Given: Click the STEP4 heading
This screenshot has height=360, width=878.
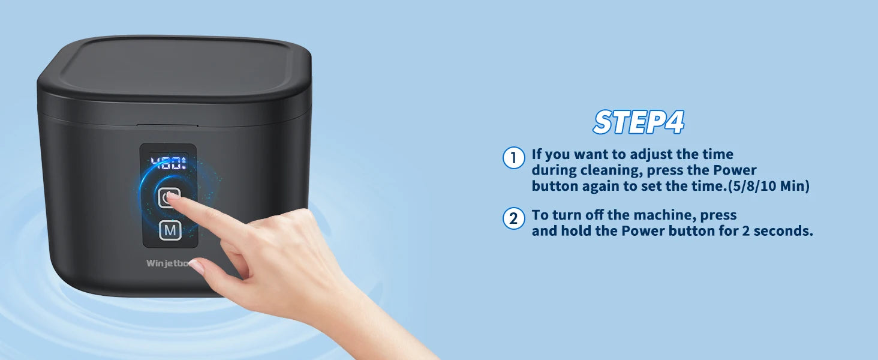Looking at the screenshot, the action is (x=639, y=122).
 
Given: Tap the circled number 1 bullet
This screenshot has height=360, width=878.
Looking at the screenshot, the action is (x=513, y=158).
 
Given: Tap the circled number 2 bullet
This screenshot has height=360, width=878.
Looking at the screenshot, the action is (x=513, y=218).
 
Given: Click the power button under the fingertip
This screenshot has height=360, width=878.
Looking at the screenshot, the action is (x=169, y=197).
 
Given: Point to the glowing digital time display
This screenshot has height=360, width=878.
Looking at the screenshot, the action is (x=169, y=163).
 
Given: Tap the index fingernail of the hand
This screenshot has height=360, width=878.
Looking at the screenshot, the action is (x=173, y=195).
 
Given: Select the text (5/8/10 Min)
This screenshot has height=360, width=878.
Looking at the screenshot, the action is (x=769, y=186).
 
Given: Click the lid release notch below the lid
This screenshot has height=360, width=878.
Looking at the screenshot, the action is (x=167, y=125).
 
